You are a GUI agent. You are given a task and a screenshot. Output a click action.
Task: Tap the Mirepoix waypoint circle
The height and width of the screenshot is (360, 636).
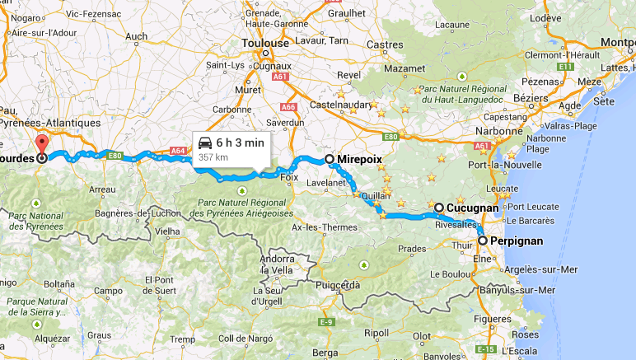[330, 159]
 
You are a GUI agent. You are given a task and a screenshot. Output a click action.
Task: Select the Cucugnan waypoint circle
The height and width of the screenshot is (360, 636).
[439, 208]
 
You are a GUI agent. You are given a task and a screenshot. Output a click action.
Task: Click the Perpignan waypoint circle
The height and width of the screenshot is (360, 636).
[482, 241]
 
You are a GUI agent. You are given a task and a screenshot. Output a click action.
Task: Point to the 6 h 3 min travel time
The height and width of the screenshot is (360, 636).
[240, 143]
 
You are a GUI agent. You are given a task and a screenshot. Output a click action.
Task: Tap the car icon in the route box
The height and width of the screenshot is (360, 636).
[204, 143]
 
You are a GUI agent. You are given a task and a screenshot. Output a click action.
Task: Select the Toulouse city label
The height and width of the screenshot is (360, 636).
[264, 44]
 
